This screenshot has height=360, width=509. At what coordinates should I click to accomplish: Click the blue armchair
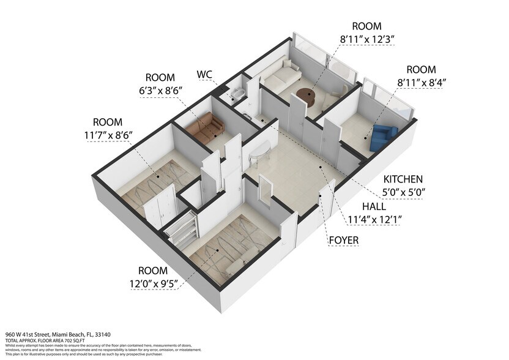384,136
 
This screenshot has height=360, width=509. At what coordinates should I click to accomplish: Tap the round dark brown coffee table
305,96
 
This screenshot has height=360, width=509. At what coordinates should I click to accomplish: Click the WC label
205,75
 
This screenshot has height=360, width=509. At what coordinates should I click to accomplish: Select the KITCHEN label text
403,179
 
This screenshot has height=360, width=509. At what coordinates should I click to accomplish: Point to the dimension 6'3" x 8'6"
160,92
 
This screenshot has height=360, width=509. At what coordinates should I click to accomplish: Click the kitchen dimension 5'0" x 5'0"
403,192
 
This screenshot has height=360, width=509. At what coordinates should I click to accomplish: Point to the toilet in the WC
237,94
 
